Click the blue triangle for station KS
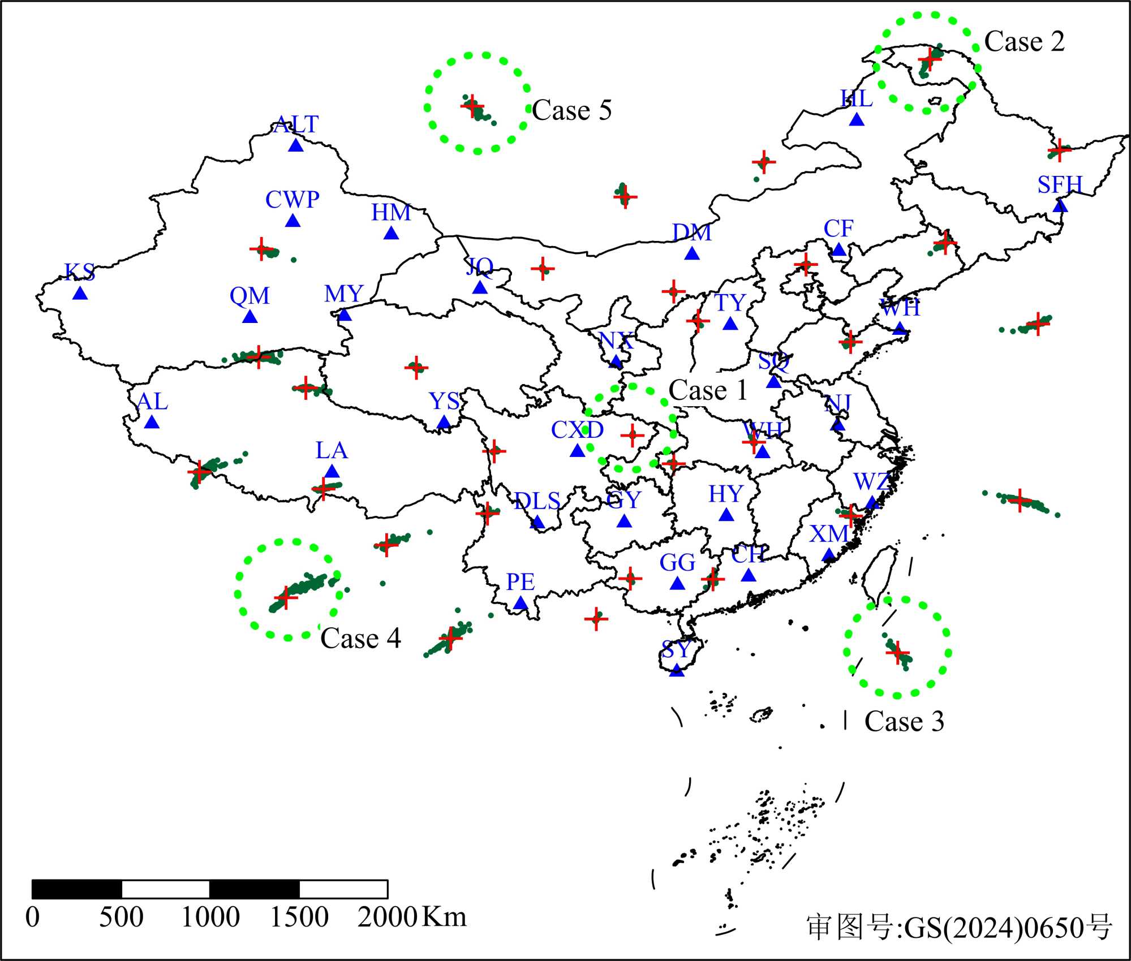[80, 293]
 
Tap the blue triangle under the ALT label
[296, 145]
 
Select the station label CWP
[292, 200]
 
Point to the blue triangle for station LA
[332, 471]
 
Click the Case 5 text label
[571, 110]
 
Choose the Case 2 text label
[1024, 42]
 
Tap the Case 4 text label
[360, 639]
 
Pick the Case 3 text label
[904, 721]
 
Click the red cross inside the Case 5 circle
[472, 106]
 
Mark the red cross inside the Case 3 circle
[897, 653]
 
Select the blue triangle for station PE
[521, 604]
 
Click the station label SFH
[1059, 185]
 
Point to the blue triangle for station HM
[391, 232]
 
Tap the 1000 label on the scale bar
[210, 917]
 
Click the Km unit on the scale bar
[445, 916]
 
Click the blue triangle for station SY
[676, 670]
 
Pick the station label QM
[250, 295]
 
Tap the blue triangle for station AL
[152, 422]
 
